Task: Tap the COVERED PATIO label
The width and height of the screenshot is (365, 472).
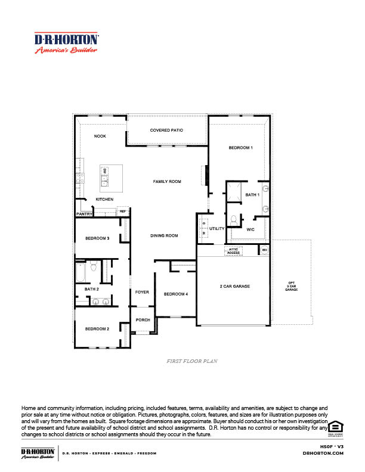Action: (166, 130)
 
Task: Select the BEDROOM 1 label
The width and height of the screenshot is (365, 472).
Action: (241, 147)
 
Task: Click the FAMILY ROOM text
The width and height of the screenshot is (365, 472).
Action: (167, 181)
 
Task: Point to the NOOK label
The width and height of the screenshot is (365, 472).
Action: (100, 136)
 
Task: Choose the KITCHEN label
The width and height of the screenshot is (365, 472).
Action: (104, 199)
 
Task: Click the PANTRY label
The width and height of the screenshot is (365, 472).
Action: (83, 213)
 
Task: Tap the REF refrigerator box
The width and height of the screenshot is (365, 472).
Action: (123, 211)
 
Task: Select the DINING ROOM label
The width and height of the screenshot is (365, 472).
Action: (163, 235)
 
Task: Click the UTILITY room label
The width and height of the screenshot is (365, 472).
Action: (216, 228)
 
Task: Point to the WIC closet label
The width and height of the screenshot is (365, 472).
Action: (250, 228)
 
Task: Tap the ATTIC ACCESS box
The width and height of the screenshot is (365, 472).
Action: (233, 251)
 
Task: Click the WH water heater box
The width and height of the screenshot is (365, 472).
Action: (264, 250)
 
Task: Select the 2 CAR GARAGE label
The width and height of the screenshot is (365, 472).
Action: (234, 286)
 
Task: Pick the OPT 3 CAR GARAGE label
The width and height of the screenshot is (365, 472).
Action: (291, 285)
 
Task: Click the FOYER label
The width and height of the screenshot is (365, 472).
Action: (142, 292)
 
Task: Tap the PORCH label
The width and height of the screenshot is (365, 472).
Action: (143, 320)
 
